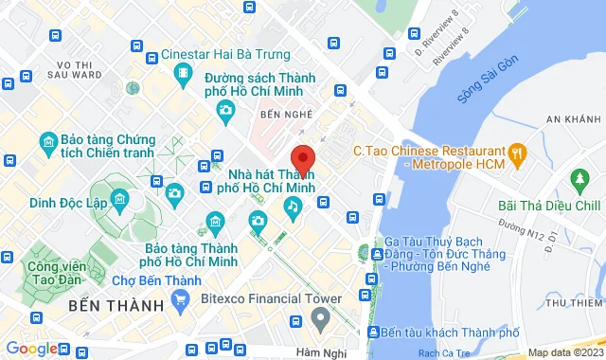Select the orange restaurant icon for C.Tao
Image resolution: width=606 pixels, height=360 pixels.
(517, 152)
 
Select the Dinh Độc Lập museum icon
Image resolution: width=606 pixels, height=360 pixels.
(120, 200)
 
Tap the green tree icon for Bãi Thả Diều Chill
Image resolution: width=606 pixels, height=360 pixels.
(579, 179)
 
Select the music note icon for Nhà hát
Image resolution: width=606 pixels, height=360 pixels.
(294, 205)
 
